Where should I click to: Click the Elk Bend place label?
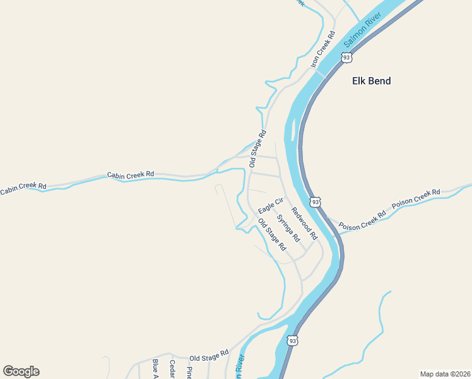coord(371,81)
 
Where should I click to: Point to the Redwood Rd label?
coord(304,223)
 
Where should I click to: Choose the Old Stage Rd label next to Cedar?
coord(208,357)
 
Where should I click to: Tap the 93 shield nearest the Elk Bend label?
coord(346,57)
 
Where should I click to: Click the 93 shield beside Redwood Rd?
coord(316,202)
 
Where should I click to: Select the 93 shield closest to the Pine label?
coord(292,340)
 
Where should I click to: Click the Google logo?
coord(21,371)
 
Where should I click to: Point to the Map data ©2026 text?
coord(445,374)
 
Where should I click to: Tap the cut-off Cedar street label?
coord(172,370)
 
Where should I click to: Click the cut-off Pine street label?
coord(189,372)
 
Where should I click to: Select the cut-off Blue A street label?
coord(155,370)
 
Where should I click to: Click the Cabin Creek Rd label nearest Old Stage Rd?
coord(131,174)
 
